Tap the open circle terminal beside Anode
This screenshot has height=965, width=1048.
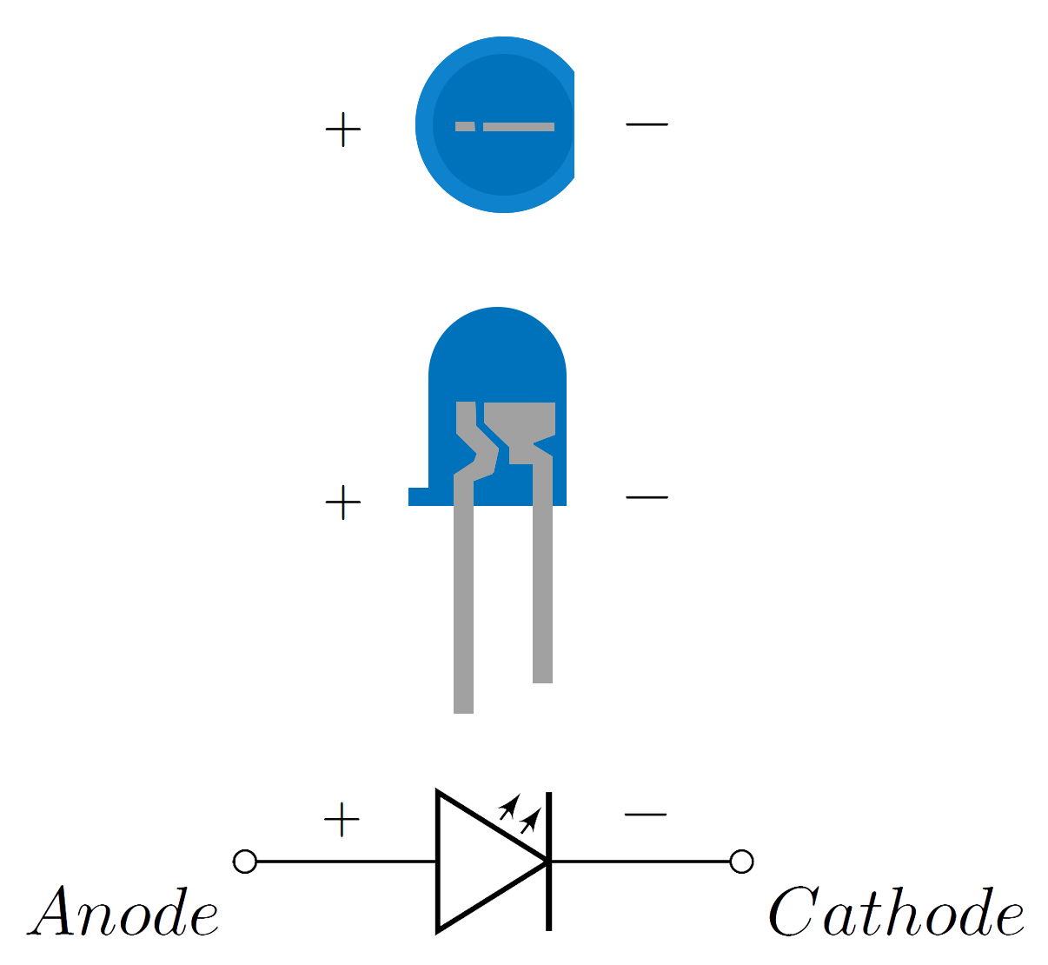(244, 861)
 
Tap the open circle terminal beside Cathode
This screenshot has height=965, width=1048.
(741, 861)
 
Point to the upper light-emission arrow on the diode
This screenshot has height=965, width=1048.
(509, 807)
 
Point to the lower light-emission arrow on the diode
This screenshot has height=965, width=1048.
(531, 820)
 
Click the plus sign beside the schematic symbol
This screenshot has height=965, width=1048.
(342, 819)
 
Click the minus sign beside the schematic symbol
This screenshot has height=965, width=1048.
(646, 815)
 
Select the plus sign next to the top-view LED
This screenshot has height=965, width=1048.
(342, 130)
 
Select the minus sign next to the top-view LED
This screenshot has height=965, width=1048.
(647, 124)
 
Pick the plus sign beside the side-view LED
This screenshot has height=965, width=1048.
(342, 502)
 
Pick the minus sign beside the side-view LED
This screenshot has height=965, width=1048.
(647, 497)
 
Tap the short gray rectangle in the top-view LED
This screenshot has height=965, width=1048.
(465, 127)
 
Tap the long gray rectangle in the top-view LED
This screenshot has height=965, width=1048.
(518, 127)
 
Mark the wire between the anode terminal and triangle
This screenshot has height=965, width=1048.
(346, 861)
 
